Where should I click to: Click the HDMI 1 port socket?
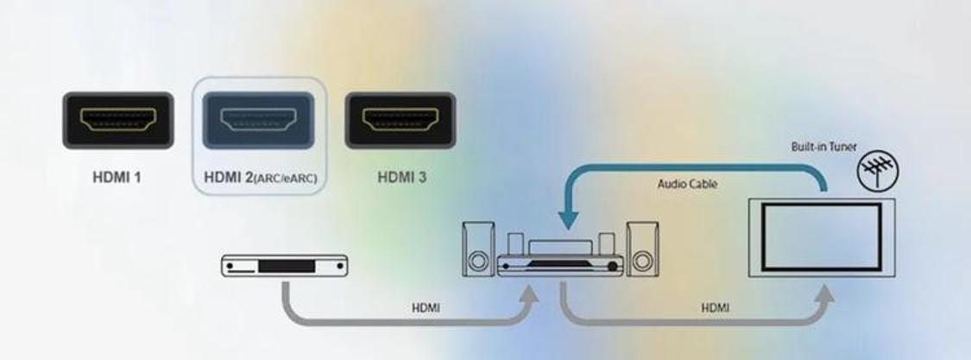tap(117, 120)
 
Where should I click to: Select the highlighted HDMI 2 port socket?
tap(258, 120)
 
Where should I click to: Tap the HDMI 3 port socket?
tap(400, 120)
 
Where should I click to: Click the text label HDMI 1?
tap(117, 177)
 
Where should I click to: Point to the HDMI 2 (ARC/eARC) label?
tap(260, 178)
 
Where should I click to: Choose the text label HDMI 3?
tap(402, 177)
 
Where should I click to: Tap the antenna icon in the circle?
tap(878, 169)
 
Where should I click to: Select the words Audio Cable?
tap(687, 184)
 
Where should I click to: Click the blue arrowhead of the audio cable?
tap(568, 219)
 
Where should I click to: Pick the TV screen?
tap(821, 237)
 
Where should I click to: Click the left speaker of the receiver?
tap(478, 249)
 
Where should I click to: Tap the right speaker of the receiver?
tap(642, 249)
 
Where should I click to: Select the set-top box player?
tap(285, 266)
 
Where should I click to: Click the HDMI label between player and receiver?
tap(426, 308)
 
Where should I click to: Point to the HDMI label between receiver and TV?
tap(715, 308)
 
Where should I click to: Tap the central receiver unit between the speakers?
tap(560, 255)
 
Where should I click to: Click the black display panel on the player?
tap(287, 267)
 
